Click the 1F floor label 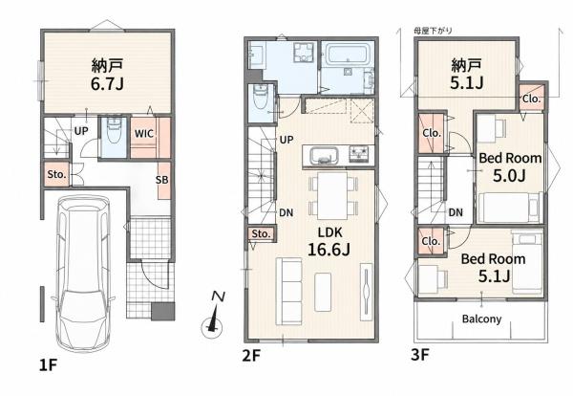click(49, 364)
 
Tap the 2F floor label click(251, 355)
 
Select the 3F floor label click(420, 354)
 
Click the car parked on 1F click(83, 274)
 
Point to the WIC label click(143, 134)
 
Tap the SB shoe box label click(162, 180)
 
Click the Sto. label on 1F click(56, 174)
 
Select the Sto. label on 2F click(261, 233)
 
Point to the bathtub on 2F click(347, 55)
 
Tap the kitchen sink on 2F click(323, 156)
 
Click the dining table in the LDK click(332, 195)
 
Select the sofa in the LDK click(288, 292)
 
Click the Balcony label click(481, 319)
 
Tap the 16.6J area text click(329, 250)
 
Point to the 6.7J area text click(107, 84)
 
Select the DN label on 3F click(456, 212)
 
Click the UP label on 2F click(286, 140)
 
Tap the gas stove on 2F click(359, 154)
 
